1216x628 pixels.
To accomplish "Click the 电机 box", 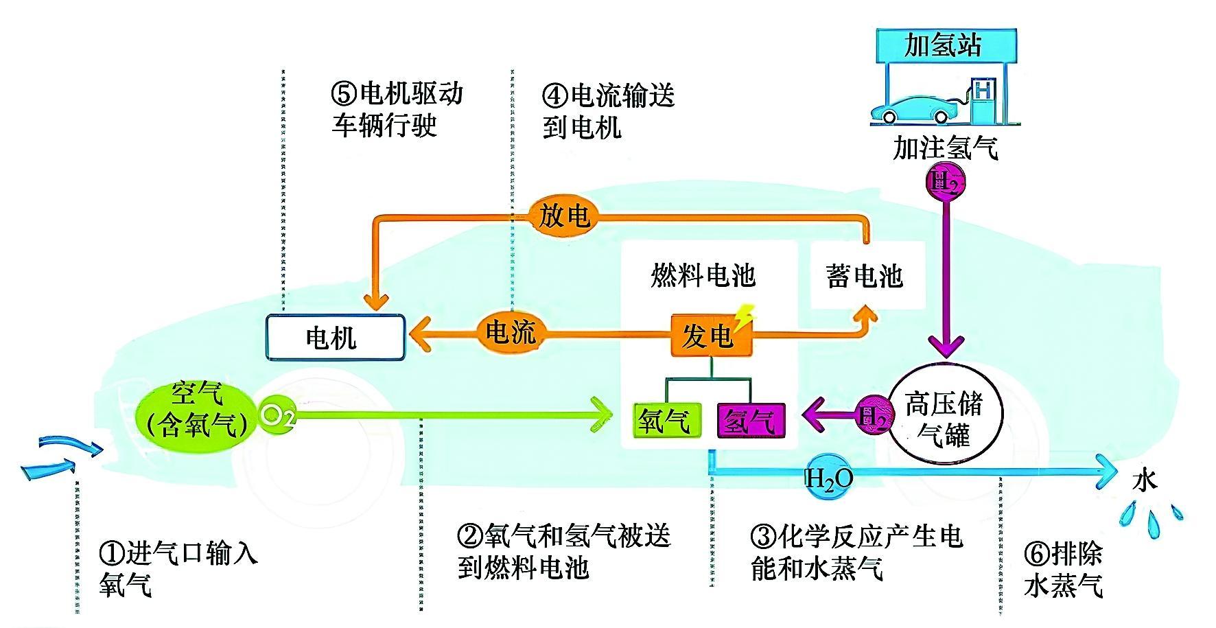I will tap(335, 338).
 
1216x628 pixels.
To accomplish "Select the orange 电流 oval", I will tap(509, 334).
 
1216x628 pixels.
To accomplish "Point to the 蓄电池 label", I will tap(865, 276).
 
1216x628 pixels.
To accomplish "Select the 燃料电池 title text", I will tap(703, 276).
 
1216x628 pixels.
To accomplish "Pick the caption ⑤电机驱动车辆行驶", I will tap(397, 110).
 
